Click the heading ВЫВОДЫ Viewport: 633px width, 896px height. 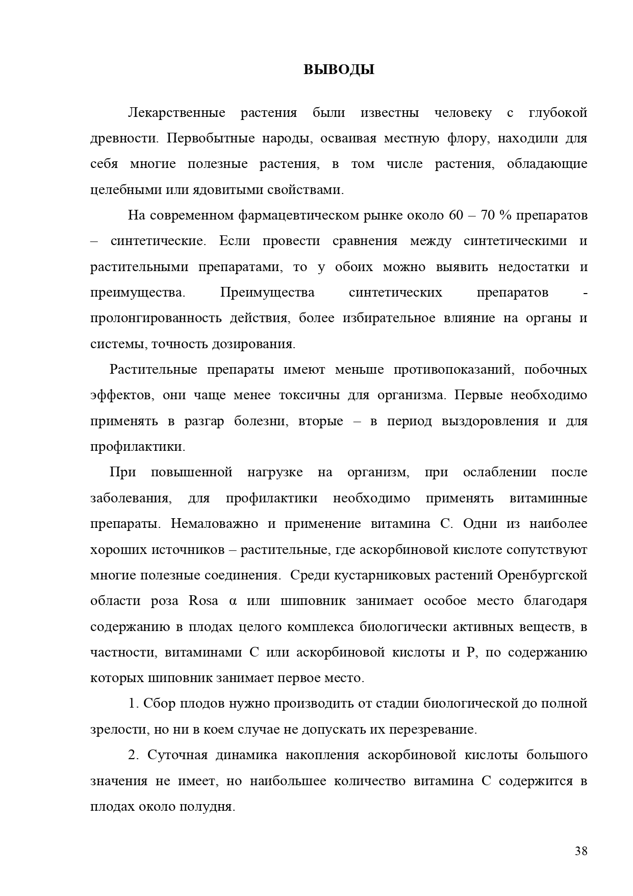pyautogui.click(x=339, y=69)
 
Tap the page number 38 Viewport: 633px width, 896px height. pyautogui.click(x=581, y=851)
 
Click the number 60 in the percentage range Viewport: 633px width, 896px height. pyautogui.click(x=455, y=215)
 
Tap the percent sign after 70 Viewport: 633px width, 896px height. pyautogui.click(x=505, y=215)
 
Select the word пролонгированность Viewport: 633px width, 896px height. pyautogui.click(x=156, y=318)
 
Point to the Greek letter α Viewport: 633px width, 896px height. pyautogui.click(x=234, y=601)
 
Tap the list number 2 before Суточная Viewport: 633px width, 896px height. pyautogui.click(x=133, y=755)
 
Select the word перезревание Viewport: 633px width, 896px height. pyautogui.click(x=433, y=730)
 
